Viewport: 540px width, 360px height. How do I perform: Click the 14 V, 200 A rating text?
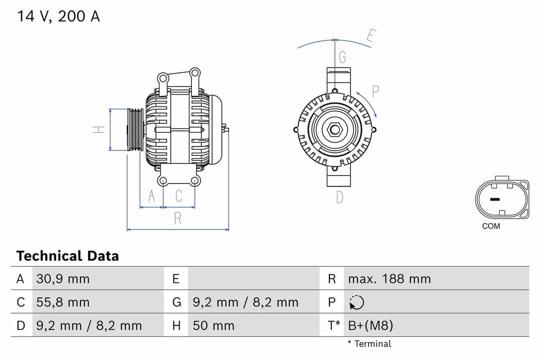tap(58, 16)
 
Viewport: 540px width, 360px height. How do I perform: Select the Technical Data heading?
tap(67, 256)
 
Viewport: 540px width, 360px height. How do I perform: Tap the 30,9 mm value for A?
tap(63, 278)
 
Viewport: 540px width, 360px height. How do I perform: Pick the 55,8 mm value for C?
tap(63, 302)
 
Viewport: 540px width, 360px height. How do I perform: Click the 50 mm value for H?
tap(213, 326)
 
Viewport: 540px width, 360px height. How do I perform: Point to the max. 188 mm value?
tap(389, 278)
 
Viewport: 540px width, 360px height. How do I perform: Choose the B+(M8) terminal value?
tap(370, 326)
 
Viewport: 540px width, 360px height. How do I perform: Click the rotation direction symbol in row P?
tap(357, 302)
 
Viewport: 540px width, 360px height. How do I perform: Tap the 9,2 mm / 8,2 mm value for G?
tap(245, 302)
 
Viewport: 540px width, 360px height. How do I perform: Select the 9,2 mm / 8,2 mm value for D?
tap(89, 326)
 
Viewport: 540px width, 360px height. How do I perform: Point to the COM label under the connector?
tap(490, 226)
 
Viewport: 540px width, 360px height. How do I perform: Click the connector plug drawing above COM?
tap(501, 198)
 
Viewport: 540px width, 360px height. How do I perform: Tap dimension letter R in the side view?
tap(177, 218)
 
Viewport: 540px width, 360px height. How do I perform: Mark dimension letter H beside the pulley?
tap(99, 129)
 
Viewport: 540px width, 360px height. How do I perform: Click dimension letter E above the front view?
tap(370, 36)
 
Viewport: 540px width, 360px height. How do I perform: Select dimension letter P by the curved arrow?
tap(375, 91)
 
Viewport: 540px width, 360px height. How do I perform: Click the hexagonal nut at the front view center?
tap(334, 130)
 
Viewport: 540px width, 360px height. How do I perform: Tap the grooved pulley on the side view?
tap(135, 129)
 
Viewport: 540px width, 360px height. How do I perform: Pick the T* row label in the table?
tap(333, 326)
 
